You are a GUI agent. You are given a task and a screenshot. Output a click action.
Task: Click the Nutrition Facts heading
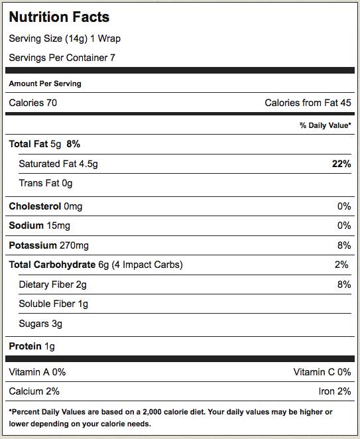pos(59,17)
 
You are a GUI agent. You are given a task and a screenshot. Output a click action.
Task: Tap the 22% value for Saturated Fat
pos(341,164)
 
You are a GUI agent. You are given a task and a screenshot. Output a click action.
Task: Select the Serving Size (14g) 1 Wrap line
pos(65,38)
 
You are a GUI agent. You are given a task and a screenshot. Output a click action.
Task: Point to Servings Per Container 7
pos(62,58)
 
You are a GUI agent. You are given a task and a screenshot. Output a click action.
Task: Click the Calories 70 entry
pos(32,103)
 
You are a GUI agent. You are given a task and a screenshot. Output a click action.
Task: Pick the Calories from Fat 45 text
pos(308,103)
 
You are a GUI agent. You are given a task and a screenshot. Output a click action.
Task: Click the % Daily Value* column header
pos(326,125)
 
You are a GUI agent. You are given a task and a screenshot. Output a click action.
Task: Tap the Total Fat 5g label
pos(35,144)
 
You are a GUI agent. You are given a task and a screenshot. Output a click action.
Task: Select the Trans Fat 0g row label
pos(46,183)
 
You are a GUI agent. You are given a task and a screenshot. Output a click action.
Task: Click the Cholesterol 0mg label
pos(46,206)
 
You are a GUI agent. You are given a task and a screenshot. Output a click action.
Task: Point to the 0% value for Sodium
pos(344,225)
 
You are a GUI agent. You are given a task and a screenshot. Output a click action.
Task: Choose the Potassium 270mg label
pos(48,245)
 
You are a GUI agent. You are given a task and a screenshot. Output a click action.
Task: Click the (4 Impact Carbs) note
pos(147,265)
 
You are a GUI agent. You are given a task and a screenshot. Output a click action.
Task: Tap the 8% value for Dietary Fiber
pos(344,284)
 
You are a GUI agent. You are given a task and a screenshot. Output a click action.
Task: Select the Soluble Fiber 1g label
pos(54,304)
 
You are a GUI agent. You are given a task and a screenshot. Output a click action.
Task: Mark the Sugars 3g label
pos(40,324)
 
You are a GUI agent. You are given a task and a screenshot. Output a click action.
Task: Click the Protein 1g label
pos(32,346)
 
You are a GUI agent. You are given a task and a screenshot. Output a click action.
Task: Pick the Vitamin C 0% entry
pos(322,372)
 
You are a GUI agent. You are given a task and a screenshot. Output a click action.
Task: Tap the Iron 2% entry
pos(335,391)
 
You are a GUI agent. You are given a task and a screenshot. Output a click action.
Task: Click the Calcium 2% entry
pos(34,391)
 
